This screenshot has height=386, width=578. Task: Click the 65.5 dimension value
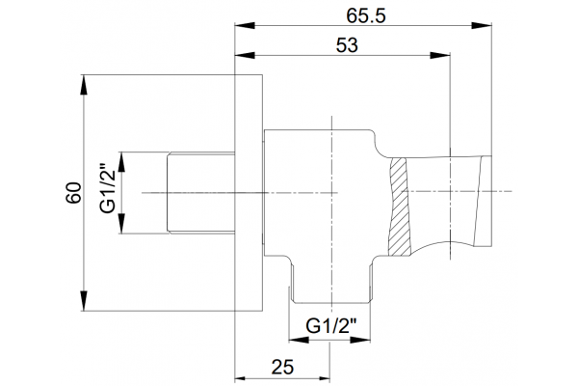(x=366, y=15)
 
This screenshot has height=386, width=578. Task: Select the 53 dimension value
(x=347, y=45)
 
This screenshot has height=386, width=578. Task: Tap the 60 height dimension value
(x=74, y=192)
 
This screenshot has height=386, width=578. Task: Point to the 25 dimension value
(x=282, y=367)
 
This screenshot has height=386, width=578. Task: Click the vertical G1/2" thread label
(x=108, y=188)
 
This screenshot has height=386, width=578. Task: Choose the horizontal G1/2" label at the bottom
(x=331, y=326)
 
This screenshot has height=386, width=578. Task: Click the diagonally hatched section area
(x=399, y=207)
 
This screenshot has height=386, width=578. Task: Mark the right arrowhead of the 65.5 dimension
(x=482, y=25)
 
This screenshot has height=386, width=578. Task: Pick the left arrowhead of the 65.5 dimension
(x=245, y=25)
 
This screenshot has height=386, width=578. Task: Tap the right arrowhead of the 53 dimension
(x=440, y=55)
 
